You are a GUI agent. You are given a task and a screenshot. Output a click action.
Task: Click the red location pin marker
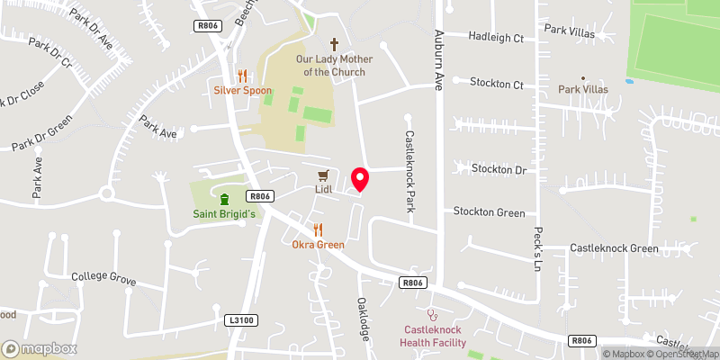click(x=361, y=179)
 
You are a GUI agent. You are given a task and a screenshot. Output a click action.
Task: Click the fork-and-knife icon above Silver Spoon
click(x=241, y=76)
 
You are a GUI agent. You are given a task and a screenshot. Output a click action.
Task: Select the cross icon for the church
click(x=334, y=43)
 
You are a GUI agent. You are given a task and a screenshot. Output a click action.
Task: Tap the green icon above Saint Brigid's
click(x=224, y=199)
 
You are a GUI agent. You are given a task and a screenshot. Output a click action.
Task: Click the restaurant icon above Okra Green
click(x=318, y=229)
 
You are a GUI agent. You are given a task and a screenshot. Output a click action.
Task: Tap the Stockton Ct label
click(x=496, y=84)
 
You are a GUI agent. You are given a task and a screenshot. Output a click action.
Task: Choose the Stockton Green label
click(x=489, y=213)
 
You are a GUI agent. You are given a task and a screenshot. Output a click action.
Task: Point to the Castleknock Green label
click(x=614, y=248)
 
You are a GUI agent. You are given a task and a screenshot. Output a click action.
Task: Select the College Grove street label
click(x=103, y=277)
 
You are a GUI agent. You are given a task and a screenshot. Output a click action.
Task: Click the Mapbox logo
click(x=39, y=348)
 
